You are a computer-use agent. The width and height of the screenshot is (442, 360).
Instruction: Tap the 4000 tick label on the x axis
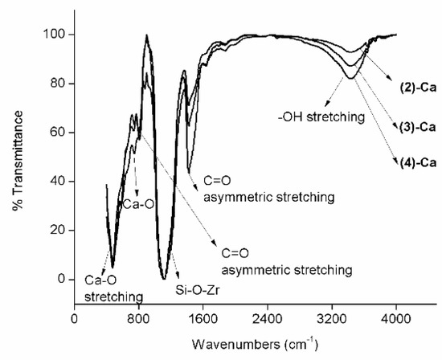[x=396, y=317]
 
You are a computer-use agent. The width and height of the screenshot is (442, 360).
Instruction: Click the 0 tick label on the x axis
[x=75, y=317]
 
